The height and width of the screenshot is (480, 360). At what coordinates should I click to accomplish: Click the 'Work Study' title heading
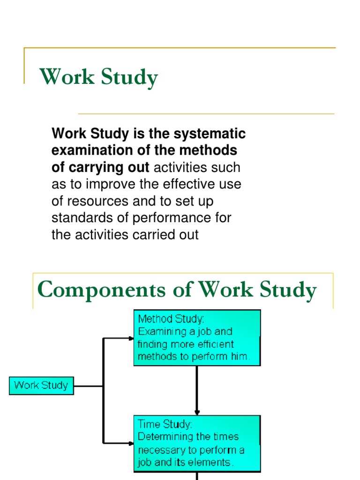[99, 77]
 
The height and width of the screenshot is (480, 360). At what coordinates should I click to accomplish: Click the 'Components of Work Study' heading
[177, 290]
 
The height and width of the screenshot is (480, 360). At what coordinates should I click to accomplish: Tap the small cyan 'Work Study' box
[41, 386]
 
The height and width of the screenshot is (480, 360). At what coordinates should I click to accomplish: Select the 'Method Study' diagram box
[197, 337]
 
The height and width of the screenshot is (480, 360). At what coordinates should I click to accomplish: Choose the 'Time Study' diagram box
[197, 443]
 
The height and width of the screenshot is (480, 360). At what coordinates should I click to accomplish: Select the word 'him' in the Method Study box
[238, 356]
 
